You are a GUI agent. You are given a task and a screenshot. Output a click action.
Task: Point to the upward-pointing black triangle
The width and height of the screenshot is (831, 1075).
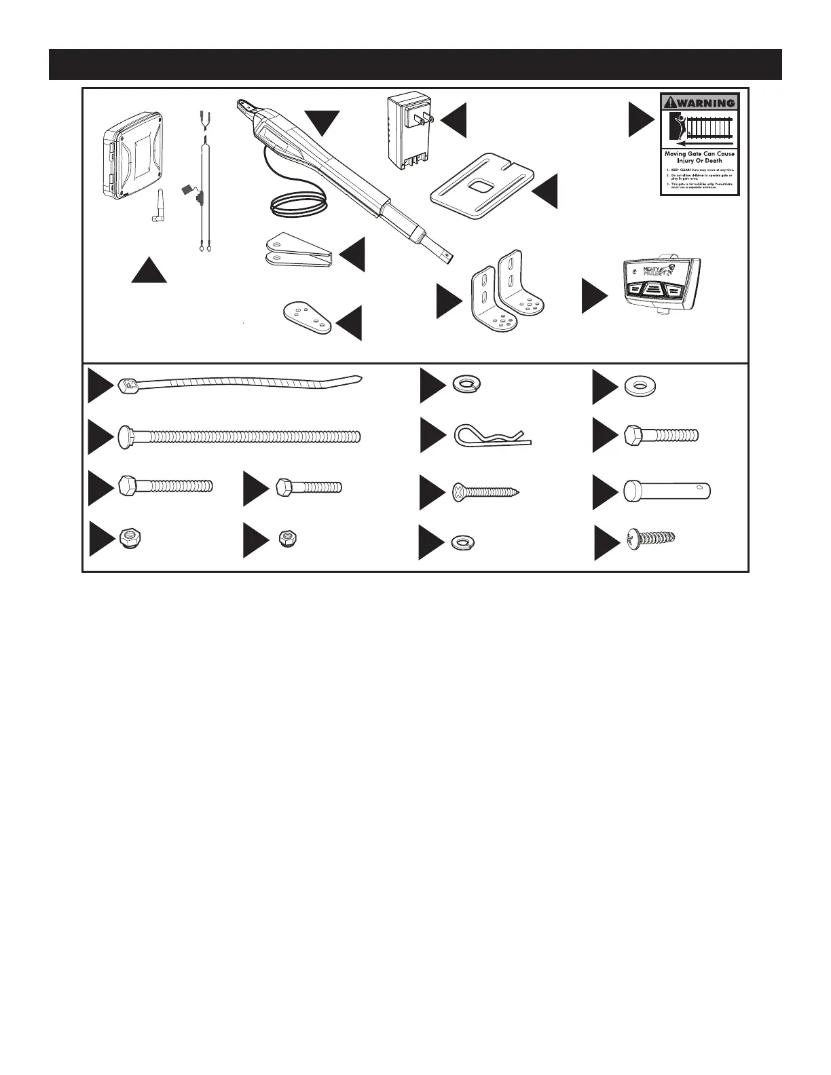point(149,272)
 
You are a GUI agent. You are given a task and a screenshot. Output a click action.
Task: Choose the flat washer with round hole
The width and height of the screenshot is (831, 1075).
point(635,386)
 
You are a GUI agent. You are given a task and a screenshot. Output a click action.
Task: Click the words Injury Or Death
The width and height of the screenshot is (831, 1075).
point(699,161)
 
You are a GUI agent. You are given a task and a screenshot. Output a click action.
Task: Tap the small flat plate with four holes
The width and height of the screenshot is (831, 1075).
point(307,318)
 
